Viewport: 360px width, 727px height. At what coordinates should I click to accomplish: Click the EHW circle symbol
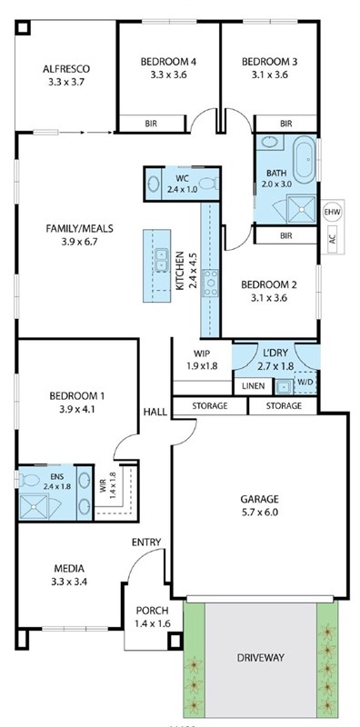pos(333,213)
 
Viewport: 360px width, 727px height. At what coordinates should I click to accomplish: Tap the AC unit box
pos(333,240)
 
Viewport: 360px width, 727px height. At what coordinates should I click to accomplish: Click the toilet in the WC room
pos(211,184)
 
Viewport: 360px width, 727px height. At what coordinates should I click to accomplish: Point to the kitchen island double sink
pos(162,260)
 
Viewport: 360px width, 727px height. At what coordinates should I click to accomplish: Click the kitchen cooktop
pos(210,283)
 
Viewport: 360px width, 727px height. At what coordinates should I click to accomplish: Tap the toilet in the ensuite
pos(28,480)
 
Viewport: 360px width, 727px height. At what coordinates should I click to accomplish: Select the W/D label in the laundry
pos(305,383)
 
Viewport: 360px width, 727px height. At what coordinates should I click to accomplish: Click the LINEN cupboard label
pos(253,385)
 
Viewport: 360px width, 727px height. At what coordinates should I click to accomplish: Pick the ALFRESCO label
pos(66,69)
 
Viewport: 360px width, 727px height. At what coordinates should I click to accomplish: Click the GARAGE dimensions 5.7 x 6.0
pos(260,513)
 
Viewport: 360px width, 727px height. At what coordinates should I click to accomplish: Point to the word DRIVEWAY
pos(261,657)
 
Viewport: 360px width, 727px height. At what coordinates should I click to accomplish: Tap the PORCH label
pos(152,611)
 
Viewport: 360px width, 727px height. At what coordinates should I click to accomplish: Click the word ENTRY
pos(146,542)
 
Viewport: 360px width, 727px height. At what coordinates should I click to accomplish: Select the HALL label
pos(155,412)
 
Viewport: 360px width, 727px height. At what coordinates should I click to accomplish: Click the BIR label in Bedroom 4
pos(151,124)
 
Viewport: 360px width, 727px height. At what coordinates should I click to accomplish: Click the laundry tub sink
pos(283,386)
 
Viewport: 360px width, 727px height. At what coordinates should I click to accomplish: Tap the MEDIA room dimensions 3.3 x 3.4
pos(69,582)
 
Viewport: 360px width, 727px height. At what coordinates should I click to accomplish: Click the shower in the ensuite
pos(33,506)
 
